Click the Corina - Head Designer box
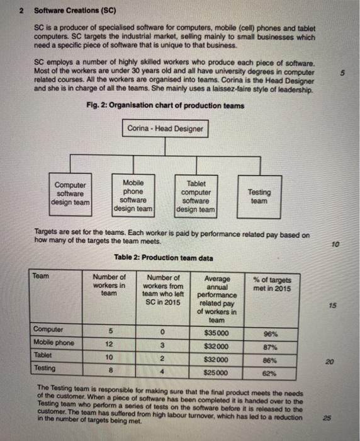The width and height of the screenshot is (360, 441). click(165, 129)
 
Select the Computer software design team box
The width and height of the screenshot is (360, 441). click(71, 193)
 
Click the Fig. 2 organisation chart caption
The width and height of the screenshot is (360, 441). click(166, 105)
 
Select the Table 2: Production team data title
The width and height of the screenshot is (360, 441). click(166, 257)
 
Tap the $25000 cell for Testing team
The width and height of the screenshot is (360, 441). click(217, 371)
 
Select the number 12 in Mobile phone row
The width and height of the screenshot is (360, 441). click(110, 345)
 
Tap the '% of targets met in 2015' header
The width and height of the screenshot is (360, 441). click(272, 284)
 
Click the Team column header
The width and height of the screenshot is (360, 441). click(41, 276)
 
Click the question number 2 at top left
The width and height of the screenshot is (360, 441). click(21, 11)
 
